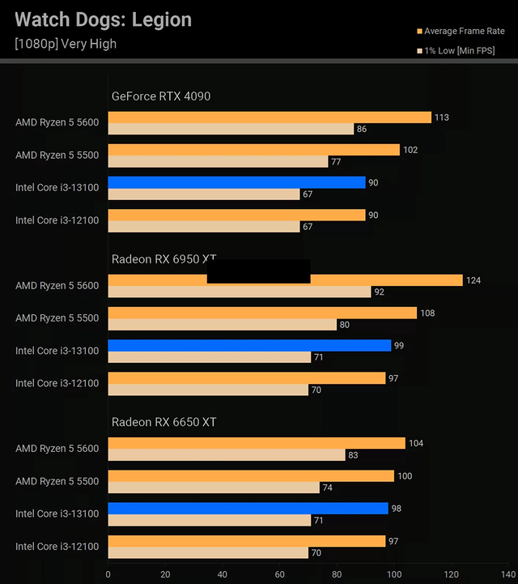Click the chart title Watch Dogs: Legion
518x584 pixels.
[104, 19]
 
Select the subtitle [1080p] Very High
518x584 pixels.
[66, 44]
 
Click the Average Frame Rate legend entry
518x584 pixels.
[459, 32]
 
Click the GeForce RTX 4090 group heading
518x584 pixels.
[161, 96]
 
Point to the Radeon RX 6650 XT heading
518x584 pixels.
[164, 422]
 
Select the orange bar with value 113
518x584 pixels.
[269, 117]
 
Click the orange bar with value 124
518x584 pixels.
[380, 280]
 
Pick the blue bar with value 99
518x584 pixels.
[249, 345]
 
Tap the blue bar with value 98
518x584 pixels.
[248, 508]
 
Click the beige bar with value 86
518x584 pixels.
[231, 129]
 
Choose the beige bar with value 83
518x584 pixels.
[227, 454]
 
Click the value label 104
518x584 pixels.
[415, 444]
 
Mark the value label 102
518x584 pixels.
[410, 150]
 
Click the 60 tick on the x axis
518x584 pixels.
[279, 573]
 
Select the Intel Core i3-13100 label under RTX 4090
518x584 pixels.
[57, 188]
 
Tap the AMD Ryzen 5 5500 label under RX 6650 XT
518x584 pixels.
[57, 481]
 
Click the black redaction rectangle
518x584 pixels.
[258, 271]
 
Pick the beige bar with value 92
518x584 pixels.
[239, 292]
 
